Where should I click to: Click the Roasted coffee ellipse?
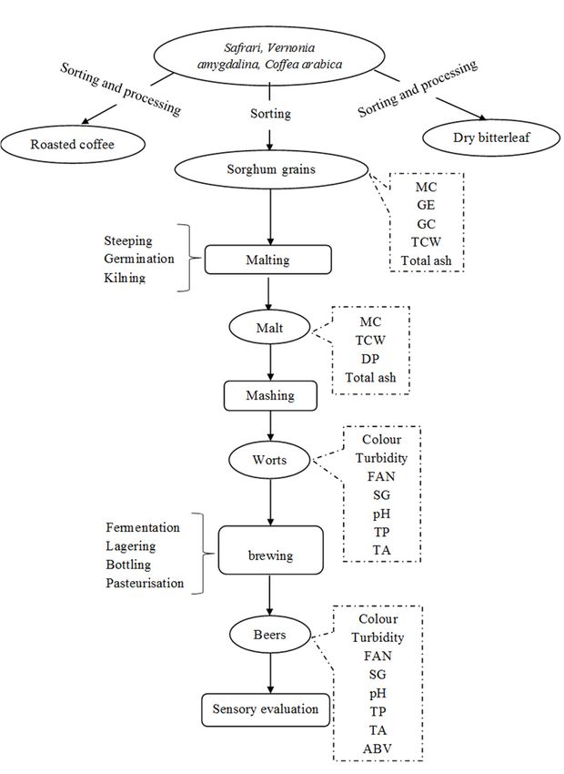tap(73, 145)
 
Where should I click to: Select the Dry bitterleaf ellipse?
tap(491, 137)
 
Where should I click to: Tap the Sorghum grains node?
tap(271, 169)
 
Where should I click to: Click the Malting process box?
tap(268, 260)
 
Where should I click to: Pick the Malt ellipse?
tap(269, 328)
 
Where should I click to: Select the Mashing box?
tap(270, 395)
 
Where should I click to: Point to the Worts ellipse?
tap(269, 460)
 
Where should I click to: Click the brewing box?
tap(271, 550)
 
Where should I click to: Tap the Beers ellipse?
tap(269, 635)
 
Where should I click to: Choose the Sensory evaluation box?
tap(266, 710)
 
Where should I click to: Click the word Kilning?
tap(125, 278)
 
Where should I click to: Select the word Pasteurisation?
tap(145, 583)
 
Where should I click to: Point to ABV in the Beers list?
tap(378, 749)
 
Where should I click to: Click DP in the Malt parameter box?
tap(370, 359)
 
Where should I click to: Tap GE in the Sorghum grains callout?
tap(426, 205)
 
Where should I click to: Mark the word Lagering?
tap(131, 546)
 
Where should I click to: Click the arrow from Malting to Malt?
tap(268, 293)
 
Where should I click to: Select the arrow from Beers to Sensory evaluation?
tap(269, 672)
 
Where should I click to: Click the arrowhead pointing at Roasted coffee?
tap(86, 121)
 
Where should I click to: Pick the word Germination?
tap(139, 260)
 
